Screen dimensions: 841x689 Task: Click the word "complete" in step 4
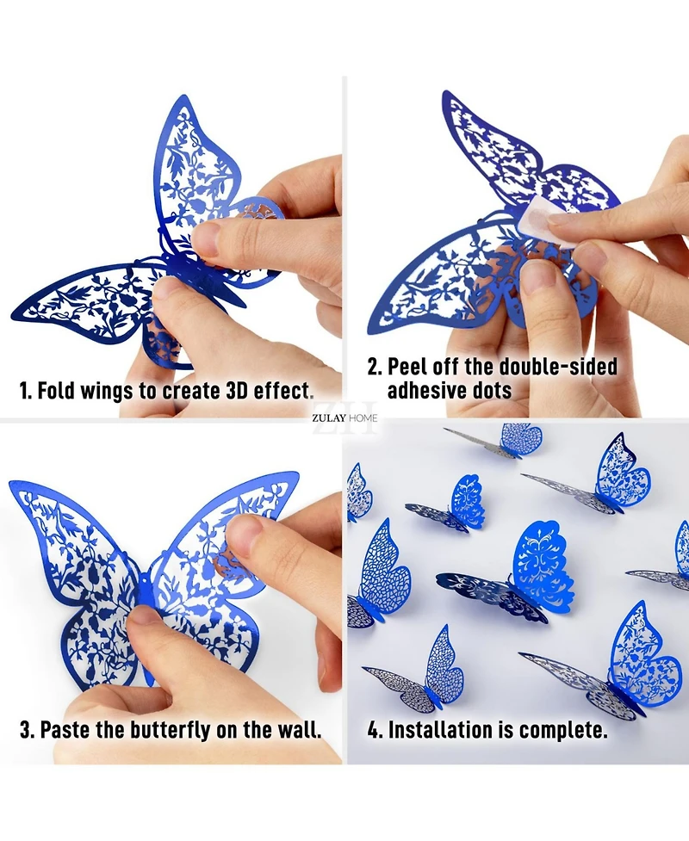(561, 731)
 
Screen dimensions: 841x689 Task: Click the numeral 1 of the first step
(24, 391)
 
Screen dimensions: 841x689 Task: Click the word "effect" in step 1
(283, 391)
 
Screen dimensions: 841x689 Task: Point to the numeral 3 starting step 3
(25, 731)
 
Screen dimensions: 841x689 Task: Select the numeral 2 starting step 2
(373, 367)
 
